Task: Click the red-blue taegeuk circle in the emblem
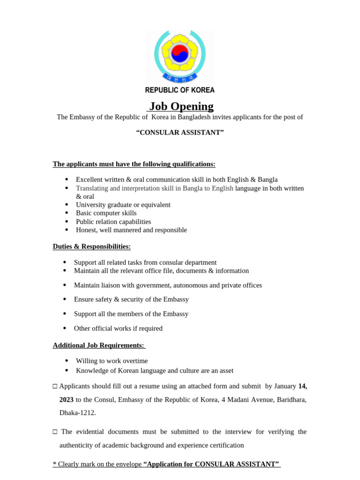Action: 180,53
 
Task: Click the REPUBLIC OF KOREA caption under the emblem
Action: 180,90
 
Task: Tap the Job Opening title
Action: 181,106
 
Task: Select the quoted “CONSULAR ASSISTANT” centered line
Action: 180,133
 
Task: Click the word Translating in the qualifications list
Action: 92,188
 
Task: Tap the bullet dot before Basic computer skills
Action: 67,213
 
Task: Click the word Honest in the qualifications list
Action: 86,230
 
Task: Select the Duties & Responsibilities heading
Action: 92,247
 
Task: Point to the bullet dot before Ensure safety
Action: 65,299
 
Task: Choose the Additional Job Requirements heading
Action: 99,345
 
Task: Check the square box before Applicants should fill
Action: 55,386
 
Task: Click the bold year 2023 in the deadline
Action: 67,400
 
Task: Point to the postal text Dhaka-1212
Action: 78,413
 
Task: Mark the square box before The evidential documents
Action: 55,432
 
